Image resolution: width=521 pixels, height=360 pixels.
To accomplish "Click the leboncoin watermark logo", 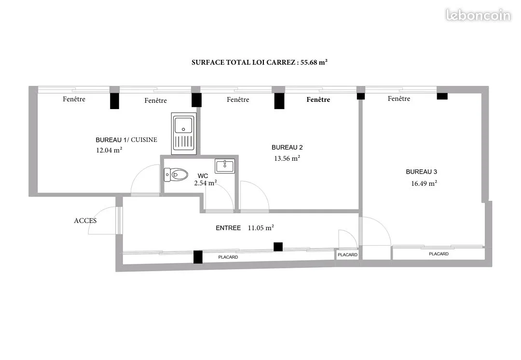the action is (478, 15).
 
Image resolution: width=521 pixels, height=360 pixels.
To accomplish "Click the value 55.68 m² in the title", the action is (314, 62).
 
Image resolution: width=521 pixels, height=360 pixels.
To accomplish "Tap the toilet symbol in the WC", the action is (176, 175).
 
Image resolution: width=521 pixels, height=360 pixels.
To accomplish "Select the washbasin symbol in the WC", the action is (225, 166).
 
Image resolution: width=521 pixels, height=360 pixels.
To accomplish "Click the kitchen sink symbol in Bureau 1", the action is (184, 133).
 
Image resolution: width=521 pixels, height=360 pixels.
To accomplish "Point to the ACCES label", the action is (85, 221).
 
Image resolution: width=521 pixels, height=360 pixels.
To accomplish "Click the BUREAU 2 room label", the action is (287, 147).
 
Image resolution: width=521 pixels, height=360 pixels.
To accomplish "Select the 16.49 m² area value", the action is (424, 183).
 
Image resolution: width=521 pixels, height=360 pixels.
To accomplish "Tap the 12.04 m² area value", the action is (109, 150).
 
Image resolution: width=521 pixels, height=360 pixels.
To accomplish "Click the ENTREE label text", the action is (228, 228).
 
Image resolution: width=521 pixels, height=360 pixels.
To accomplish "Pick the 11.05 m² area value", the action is (261, 228).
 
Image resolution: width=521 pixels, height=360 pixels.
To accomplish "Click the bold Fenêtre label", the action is (318, 99).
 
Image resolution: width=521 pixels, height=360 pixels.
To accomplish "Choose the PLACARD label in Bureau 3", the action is (439, 254).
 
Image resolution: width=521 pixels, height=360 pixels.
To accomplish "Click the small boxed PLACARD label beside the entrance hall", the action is (347, 255).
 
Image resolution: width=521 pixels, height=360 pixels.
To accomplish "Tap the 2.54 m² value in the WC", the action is (206, 183).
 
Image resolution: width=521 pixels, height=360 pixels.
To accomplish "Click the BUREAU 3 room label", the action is (421, 172).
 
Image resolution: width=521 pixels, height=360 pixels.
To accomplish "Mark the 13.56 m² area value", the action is (287, 158).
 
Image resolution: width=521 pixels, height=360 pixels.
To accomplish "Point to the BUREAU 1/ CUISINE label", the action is (126, 140).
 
